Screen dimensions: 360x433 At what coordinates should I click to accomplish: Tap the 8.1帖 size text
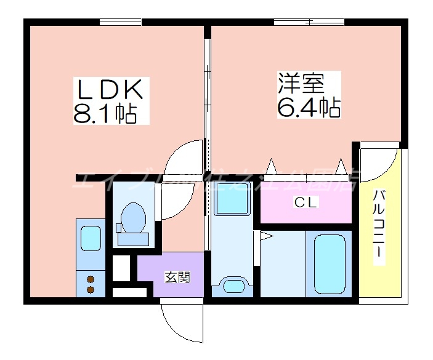(105, 114)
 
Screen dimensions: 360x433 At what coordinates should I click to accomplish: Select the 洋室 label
(301, 83)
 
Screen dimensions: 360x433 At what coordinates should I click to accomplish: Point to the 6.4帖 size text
(307, 108)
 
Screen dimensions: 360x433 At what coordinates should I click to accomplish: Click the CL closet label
(305, 202)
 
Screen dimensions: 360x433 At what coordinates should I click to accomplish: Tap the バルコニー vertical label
(380, 227)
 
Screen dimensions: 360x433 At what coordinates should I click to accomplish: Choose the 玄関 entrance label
(176, 278)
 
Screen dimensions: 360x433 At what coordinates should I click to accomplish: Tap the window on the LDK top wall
(121, 22)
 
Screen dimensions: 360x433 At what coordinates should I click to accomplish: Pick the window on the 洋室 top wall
(308, 22)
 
